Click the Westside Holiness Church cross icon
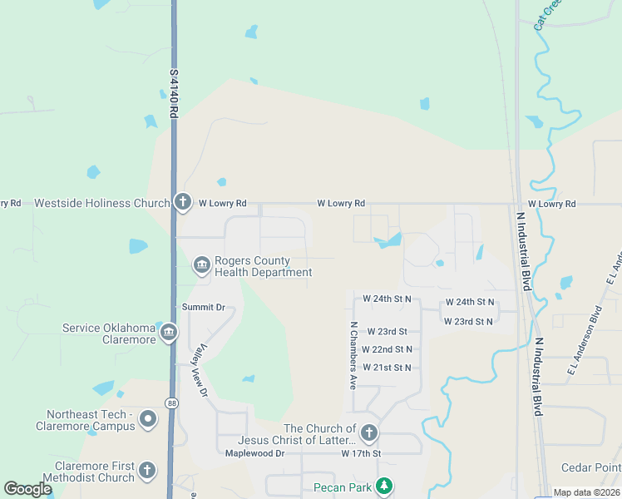[183, 202]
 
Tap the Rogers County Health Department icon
[201, 265]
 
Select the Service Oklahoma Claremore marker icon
[168, 333]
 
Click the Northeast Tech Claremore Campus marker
[148, 419]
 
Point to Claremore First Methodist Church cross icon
[146, 471]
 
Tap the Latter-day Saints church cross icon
[368, 433]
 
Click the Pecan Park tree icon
[383, 486]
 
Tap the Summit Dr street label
[204, 308]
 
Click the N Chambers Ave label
[353, 345]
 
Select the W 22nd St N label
[387, 349]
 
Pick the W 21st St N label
[387, 368]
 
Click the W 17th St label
[361, 454]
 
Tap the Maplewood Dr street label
[254, 454]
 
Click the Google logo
[28, 489]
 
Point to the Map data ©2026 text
[587, 492]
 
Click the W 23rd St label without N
[386, 331]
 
